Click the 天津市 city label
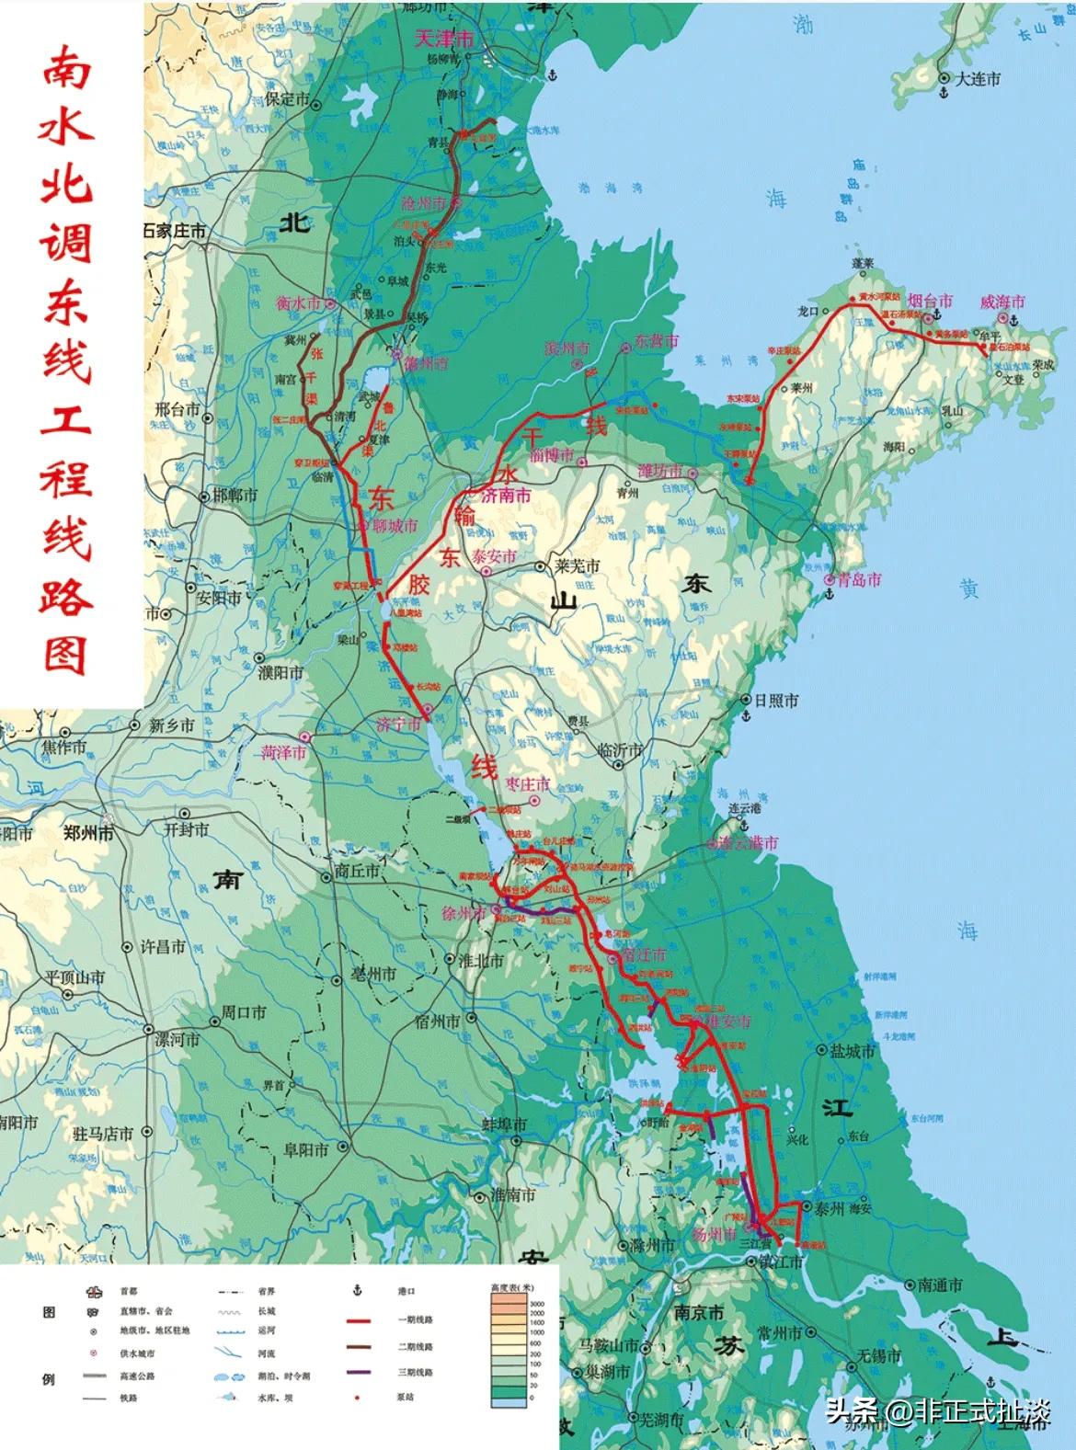444,40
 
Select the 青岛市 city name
859,580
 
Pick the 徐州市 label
463,913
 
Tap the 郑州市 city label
88,834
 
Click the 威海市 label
1002,302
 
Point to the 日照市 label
775,700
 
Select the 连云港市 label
748,842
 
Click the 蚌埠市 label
505,1125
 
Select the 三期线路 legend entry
417,1373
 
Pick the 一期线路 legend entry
417,1319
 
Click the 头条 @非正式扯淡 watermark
938,1410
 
